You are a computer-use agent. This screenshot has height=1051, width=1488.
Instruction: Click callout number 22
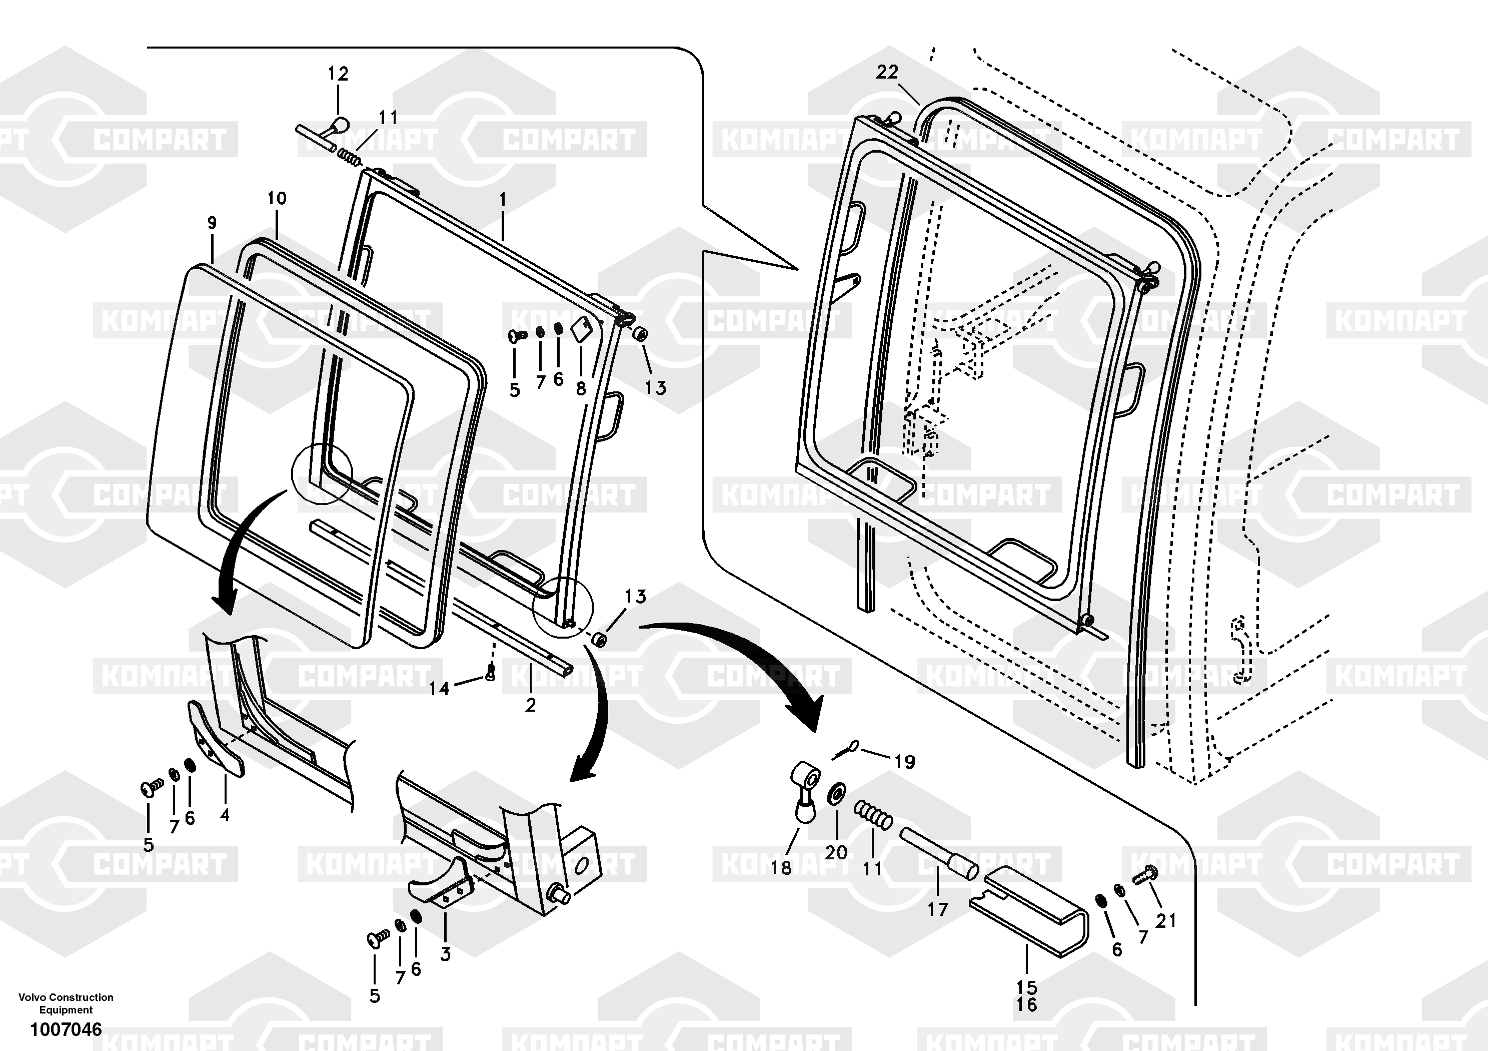887,72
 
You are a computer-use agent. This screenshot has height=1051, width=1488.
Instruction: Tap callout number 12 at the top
338,73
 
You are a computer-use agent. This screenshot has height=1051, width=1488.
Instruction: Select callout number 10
277,198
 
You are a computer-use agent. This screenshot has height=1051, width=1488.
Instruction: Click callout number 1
502,199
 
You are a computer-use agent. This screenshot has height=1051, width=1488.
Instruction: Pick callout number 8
581,388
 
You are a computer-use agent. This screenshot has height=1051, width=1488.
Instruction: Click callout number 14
439,689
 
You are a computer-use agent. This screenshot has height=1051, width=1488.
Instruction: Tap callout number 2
530,705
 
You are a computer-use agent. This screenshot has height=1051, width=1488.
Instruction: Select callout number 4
225,814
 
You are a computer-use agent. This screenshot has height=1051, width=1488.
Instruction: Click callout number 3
445,954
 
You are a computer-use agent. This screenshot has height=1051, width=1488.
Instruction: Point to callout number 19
905,762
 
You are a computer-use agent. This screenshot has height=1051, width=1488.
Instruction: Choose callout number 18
781,867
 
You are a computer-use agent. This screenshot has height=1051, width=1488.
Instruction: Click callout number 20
836,852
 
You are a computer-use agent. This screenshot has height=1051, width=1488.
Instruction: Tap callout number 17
937,910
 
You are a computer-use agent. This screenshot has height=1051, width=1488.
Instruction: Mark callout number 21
1166,920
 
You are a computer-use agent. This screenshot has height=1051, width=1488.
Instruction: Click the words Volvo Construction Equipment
66,1003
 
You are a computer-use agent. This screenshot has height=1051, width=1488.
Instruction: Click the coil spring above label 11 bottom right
873,814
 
